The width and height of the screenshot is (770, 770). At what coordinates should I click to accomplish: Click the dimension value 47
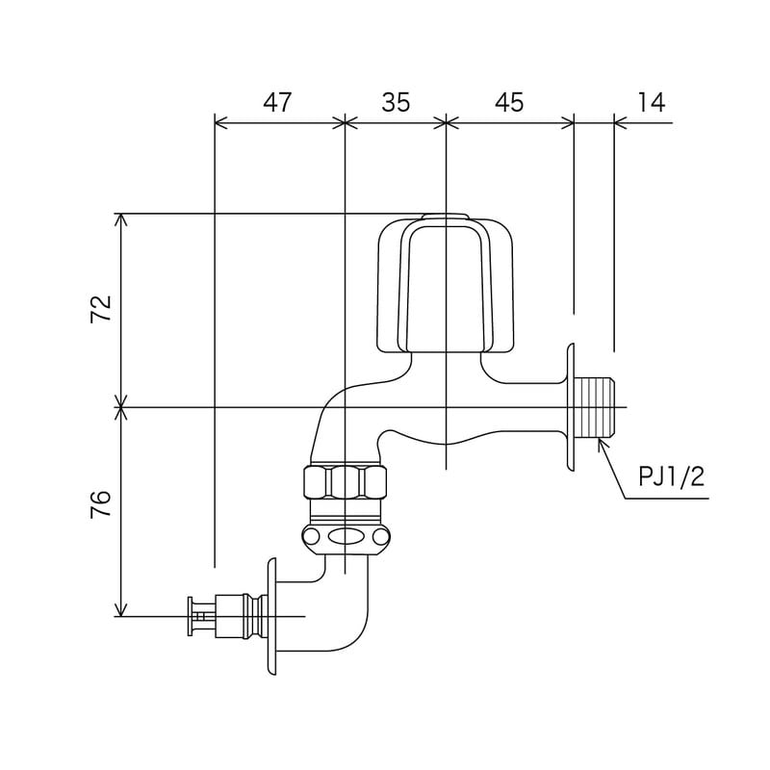coord(277,102)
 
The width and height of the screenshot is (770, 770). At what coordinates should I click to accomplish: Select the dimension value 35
coord(395,102)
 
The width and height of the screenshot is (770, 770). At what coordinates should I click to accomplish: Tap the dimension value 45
coord(510,102)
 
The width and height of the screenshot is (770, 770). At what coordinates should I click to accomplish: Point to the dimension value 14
coord(651,102)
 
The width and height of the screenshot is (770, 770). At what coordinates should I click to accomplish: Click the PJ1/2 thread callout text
coord(671,476)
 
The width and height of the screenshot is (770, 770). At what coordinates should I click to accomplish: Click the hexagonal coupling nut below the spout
coord(346,479)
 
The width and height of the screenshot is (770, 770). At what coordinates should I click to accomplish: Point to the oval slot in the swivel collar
coord(345,537)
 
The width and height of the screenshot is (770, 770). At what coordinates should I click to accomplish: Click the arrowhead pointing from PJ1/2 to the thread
coord(602,444)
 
